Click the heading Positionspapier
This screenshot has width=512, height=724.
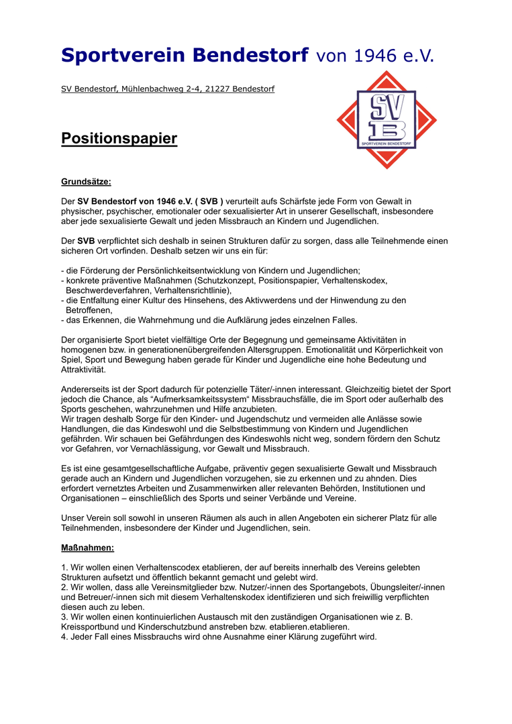(119, 139)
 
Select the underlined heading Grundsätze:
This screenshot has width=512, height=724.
(86, 181)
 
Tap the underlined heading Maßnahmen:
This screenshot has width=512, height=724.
(87, 548)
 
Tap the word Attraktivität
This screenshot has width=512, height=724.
(83, 369)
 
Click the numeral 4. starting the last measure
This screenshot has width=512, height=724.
(64, 637)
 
